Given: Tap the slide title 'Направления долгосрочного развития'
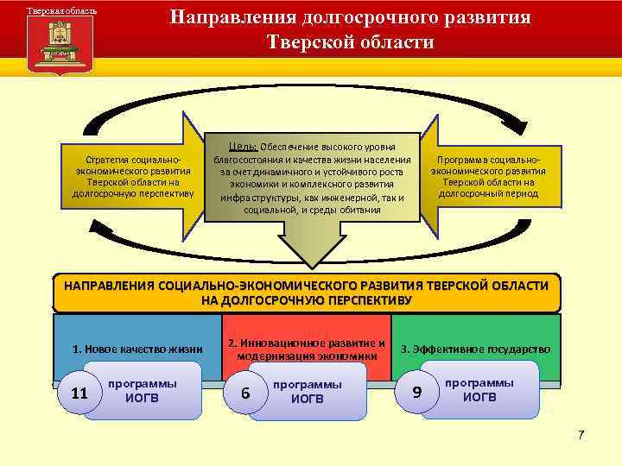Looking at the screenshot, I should click(350, 17).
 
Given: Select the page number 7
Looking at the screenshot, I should click(581, 434).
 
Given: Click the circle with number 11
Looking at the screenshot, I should click(80, 394).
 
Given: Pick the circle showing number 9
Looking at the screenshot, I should click(417, 392).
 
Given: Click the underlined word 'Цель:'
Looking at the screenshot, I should click(239, 144).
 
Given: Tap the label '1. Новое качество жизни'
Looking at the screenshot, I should click(137, 349).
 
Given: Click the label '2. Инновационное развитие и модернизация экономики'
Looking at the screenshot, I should click(306, 349).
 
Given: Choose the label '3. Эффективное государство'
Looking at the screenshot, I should click(475, 349).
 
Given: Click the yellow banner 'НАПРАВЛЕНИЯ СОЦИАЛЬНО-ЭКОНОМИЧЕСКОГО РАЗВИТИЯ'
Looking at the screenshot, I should click(307, 293).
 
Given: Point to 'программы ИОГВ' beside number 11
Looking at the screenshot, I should click(143, 390).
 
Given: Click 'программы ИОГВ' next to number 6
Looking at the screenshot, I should click(307, 390).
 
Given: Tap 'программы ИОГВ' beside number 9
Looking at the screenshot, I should click(479, 389).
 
